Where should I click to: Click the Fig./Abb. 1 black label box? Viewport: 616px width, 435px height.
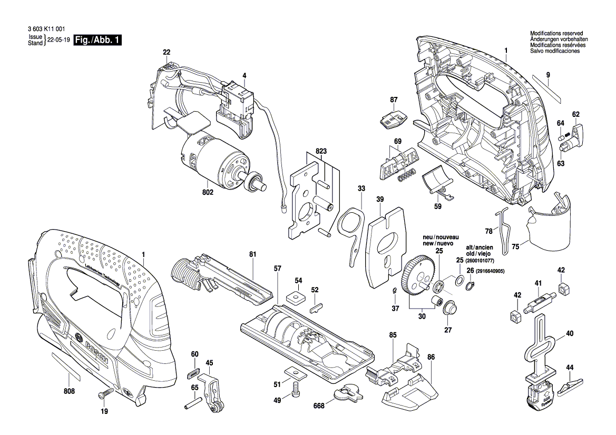pos(97,41)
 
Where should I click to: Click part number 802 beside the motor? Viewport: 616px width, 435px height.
pos(207,193)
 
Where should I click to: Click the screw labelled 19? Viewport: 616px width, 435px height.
pos(105,393)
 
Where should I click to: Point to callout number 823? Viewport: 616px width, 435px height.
pos(321,151)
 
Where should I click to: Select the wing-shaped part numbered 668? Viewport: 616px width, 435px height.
pos(348,392)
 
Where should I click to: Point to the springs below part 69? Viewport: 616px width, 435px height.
pos(407,177)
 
